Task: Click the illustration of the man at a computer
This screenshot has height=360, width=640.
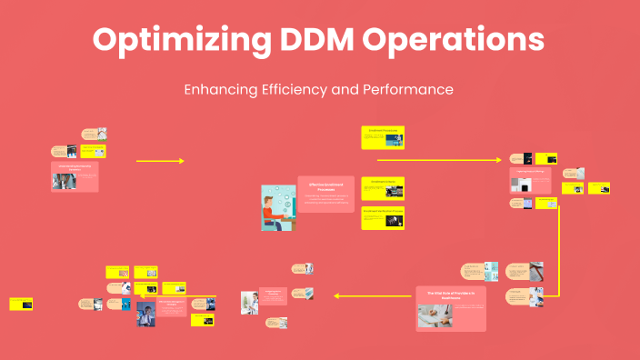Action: [x=277, y=207]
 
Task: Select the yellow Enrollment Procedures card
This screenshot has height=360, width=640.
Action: [x=383, y=137]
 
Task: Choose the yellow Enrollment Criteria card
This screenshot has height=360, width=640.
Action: [x=383, y=187]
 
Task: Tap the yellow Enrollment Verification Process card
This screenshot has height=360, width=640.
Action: [x=383, y=218]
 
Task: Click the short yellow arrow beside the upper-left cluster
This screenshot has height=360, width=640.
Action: [x=159, y=161]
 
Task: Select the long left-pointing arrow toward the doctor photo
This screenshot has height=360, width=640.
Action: [x=373, y=295]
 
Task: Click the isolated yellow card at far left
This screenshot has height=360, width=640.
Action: [x=22, y=305]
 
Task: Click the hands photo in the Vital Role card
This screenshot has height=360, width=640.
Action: [x=435, y=315]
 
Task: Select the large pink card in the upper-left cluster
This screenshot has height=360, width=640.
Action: [x=75, y=177]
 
